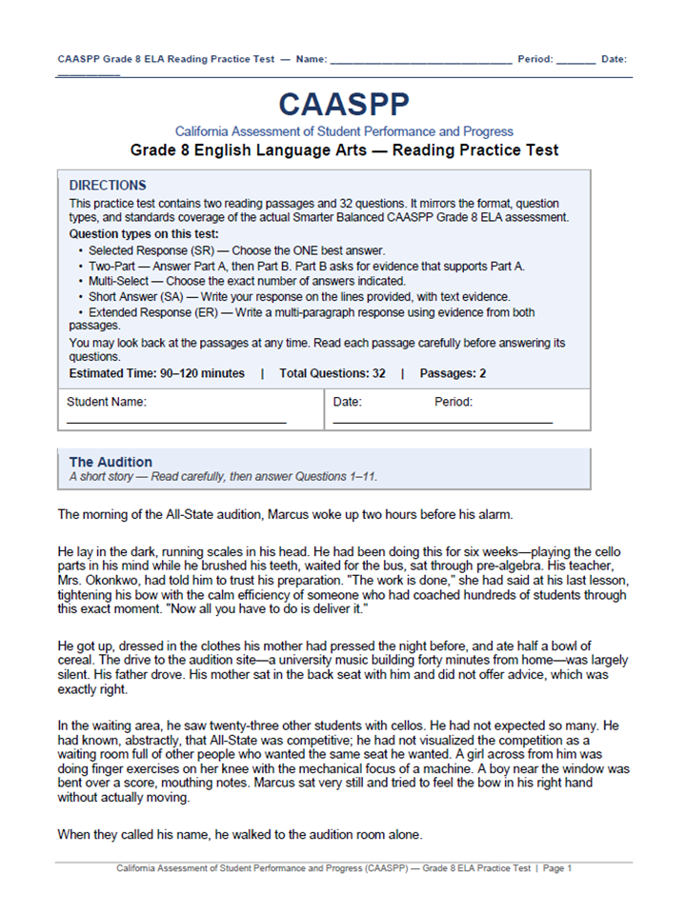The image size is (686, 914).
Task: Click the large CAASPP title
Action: tap(344, 106)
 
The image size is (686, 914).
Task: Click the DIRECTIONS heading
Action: tap(108, 186)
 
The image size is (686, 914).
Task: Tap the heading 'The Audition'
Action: tap(111, 462)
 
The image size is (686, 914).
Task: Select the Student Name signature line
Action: tap(176, 421)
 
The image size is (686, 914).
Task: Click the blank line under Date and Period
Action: tap(442, 421)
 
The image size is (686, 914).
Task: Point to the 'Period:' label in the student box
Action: tap(454, 402)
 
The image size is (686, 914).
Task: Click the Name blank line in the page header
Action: tap(419, 60)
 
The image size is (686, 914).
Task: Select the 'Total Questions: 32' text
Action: tap(333, 373)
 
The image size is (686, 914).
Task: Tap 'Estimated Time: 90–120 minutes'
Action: tap(157, 373)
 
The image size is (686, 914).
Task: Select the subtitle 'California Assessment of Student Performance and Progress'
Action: tap(344, 131)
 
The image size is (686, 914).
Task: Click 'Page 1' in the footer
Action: tap(556, 868)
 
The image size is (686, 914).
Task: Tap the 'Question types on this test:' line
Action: tap(144, 233)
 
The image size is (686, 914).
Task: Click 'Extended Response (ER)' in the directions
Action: tap(156, 312)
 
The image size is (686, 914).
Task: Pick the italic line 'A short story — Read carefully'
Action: tap(230, 476)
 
